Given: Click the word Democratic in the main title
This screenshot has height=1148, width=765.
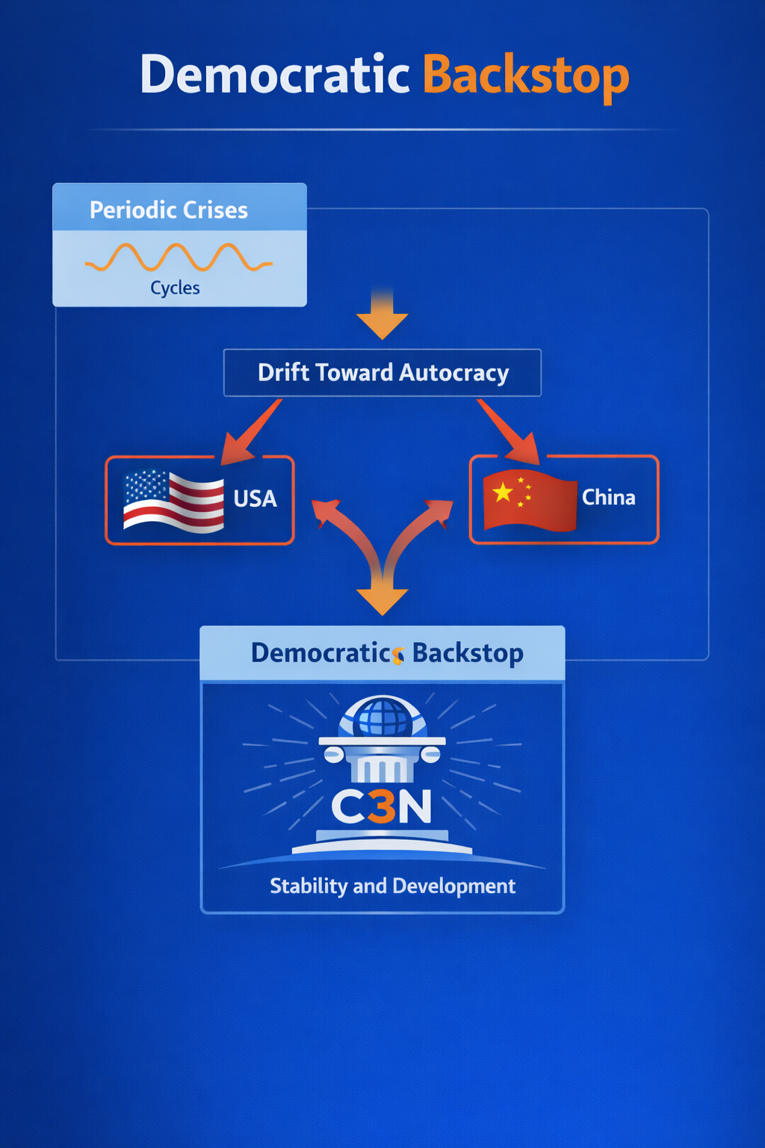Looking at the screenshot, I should coord(275,75).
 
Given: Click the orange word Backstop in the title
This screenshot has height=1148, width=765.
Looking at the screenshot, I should coord(525,76).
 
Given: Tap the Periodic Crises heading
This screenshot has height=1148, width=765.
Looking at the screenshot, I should coord(169,210).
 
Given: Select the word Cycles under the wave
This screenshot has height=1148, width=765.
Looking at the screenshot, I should coord(175,288).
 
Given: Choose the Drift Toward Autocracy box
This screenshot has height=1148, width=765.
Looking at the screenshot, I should coord(382,372).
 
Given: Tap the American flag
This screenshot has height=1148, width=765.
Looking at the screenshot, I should coord(173,500).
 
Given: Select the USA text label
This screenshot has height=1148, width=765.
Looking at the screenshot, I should coord(255,499).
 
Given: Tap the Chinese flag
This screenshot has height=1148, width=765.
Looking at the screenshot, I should coord(530,499).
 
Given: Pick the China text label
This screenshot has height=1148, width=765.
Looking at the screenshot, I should coord(608,498).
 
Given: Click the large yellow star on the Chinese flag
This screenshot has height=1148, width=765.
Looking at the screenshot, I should coord(503,491).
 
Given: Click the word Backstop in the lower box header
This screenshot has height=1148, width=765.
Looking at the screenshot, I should coord(468,653).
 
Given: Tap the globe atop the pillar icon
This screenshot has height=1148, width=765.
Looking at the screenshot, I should coord(382,717).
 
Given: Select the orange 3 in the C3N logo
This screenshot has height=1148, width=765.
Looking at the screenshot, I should coord(382,807).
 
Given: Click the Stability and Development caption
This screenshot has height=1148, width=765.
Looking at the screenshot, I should coord(392,886).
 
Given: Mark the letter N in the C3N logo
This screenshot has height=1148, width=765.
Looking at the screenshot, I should coord(415,807).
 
